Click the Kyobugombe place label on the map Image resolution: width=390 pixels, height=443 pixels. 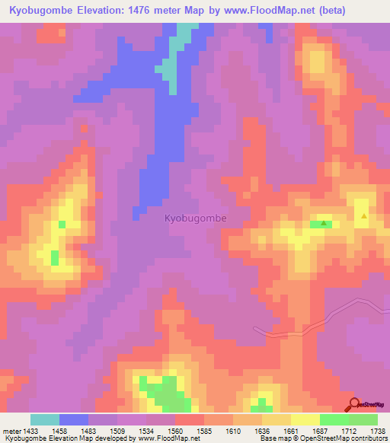pyautogui.click(x=196, y=218)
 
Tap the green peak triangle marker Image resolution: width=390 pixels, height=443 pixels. pyautogui.click(x=324, y=224)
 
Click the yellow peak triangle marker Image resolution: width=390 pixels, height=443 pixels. pyautogui.click(x=364, y=216)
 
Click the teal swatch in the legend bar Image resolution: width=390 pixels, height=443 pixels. pyautogui.click(x=45, y=419)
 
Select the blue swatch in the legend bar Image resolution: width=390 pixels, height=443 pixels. pyautogui.click(x=74, y=419)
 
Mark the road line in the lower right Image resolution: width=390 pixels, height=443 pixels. pyautogui.click(x=320, y=320)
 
